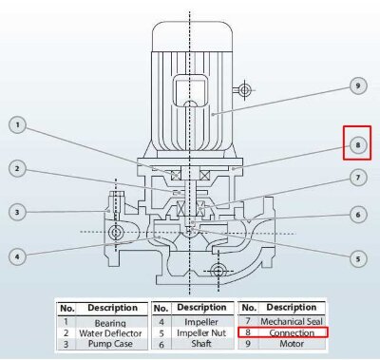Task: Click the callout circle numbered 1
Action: pyautogui.click(x=19, y=124)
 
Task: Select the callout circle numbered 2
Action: pyautogui.click(x=19, y=169)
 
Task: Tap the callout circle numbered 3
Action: pyautogui.click(x=19, y=212)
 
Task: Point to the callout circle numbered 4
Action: pyautogui.click(x=19, y=256)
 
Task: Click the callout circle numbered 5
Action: pyautogui.click(x=358, y=257)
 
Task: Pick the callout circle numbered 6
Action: pyautogui.click(x=358, y=215)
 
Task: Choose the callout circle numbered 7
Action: pyautogui.click(x=358, y=178)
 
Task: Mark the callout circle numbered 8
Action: pyautogui.click(x=358, y=145)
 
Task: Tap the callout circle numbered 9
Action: pyautogui.click(x=358, y=86)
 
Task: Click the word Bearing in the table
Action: pyautogui.click(x=111, y=323)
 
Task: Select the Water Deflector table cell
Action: pyautogui.click(x=111, y=333)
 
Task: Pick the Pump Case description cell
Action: pyautogui.click(x=111, y=344)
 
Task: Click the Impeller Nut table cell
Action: pyautogui.click(x=200, y=333)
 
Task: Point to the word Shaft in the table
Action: pyautogui.click(x=200, y=344)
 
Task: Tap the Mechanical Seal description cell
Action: pyautogui.click(x=291, y=323)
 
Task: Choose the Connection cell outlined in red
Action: pyautogui.click(x=291, y=333)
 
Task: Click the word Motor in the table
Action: pyautogui.click(x=291, y=344)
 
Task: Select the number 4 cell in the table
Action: pyautogui.click(x=161, y=323)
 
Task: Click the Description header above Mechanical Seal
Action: pyautogui.click(x=291, y=308)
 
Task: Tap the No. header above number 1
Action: pyautogui.click(x=66, y=309)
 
